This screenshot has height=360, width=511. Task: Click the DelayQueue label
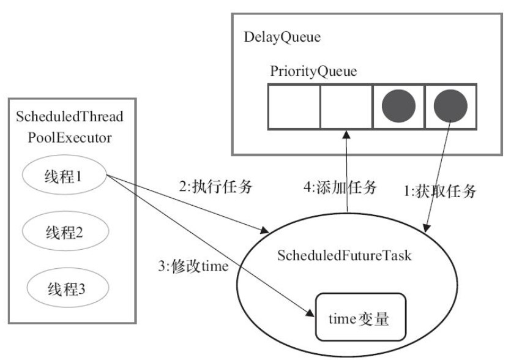click(x=282, y=37)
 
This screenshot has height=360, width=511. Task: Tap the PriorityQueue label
click(x=313, y=72)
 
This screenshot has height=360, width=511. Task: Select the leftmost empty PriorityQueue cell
click(x=294, y=107)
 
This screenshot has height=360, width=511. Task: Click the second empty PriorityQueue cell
click(x=346, y=107)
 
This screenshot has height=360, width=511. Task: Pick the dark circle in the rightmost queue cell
click(x=450, y=106)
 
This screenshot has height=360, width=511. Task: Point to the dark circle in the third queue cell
click(x=398, y=106)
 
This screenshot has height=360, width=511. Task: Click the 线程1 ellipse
click(x=64, y=175)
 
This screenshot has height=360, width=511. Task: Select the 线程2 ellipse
click(x=65, y=231)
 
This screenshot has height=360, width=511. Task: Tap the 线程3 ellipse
click(x=67, y=288)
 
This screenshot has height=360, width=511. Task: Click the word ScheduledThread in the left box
click(x=70, y=116)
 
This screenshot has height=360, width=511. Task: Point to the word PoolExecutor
click(x=70, y=138)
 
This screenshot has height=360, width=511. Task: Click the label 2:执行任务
click(x=216, y=187)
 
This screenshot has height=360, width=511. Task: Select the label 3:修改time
click(x=193, y=266)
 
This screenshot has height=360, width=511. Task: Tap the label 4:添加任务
click(x=340, y=187)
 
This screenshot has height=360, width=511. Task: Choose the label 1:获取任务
click(x=440, y=191)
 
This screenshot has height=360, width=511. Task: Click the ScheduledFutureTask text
click(x=345, y=255)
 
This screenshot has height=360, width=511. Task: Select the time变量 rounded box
click(x=360, y=317)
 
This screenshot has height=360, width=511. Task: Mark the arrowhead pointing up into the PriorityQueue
click(x=346, y=134)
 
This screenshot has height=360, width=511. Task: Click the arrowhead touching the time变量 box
click(x=310, y=313)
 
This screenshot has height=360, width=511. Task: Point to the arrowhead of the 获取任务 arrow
click(x=427, y=228)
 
